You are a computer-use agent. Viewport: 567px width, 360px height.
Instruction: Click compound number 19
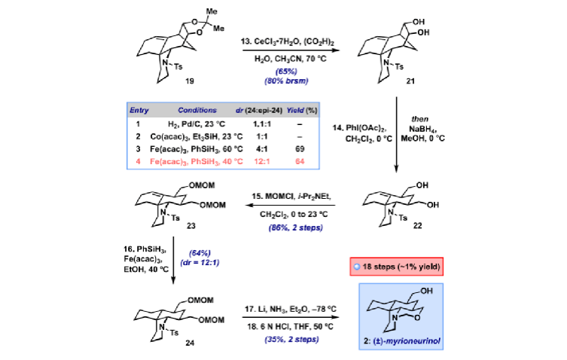pyautogui.click(x=190, y=81)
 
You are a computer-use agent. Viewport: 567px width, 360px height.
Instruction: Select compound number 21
pyautogui.click(x=410, y=81)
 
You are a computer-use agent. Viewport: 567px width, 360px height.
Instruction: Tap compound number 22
pyautogui.click(x=417, y=225)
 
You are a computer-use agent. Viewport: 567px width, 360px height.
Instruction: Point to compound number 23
pyautogui.click(x=191, y=226)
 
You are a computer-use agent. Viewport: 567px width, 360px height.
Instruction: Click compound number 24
pyautogui.click(x=190, y=343)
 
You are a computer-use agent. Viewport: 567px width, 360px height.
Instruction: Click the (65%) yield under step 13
pyautogui.click(x=286, y=72)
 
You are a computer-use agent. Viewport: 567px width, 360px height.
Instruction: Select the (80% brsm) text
pyautogui.click(x=286, y=81)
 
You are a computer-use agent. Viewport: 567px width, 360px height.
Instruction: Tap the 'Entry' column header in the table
pyautogui.click(x=139, y=111)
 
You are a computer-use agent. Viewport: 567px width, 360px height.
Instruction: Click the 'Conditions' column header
pyautogui.click(x=197, y=110)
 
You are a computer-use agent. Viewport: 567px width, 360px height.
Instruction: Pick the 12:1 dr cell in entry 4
pyautogui.click(x=262, y=161)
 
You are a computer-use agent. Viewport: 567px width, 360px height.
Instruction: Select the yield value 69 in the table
pyautogui.click(x=300, y=148)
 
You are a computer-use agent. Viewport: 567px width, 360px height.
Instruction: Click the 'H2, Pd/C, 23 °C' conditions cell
pyautogui.click(x=197, y=124)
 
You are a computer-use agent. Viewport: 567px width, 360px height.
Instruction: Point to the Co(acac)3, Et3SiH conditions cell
pyautogui.click(x=197, y=137)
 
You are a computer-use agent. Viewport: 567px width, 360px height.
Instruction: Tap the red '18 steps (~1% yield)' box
pyautogui.click(x=397, y=267)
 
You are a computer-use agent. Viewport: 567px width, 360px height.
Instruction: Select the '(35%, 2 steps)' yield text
pyautogui.click(x=291, y=340)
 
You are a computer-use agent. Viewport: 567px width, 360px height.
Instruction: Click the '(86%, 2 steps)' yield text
pyautogui.click(x=295, y=227)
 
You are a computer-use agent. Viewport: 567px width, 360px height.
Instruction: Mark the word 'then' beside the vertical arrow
pyautogui.click(x=420, y=119)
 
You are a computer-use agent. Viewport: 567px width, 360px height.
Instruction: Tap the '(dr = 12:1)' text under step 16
pyautogui.click(x=200, y=262)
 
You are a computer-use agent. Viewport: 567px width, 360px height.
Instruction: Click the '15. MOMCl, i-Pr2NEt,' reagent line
pyautogui.click(x=291, y=196)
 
